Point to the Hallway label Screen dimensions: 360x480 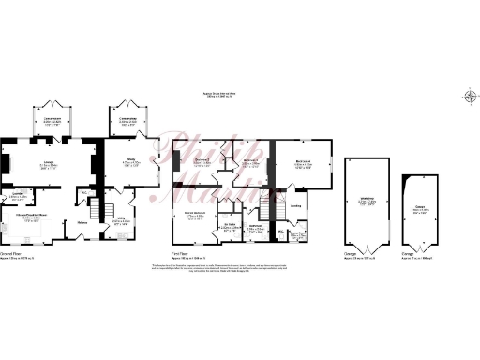pyautogui.click(x=82, y=222)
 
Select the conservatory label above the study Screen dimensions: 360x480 pyautogui.click(x=127, y=120)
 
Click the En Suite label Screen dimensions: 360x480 pyautogui.click(x=229, y=226)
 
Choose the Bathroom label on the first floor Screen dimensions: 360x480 pyautogui.click(x=256, y=226)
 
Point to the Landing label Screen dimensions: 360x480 pyautogui.click(x=295, y=207)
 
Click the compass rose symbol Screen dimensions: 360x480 pyautogui.click(x=469, y=95)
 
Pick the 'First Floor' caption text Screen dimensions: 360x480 pyautogui.click(x=182, y=253)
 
